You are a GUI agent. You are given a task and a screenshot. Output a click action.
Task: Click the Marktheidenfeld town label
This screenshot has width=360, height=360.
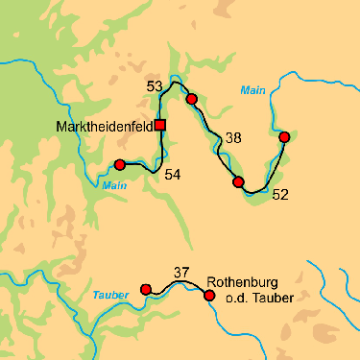[x=105, y=125]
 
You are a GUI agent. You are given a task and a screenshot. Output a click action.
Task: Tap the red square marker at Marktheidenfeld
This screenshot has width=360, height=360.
[x=160, y=125]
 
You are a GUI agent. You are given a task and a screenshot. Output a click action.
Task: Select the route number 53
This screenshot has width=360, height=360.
[x=155, y=87]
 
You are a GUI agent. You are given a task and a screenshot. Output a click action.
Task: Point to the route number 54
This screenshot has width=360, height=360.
[x=172, y=174]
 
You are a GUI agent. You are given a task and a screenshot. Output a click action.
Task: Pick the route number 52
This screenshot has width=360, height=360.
[x=280, y=195]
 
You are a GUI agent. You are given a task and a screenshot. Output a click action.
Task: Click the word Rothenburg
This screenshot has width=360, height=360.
[x=242, y=283]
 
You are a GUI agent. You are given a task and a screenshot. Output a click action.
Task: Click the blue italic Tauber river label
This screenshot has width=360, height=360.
[x=110, y=295]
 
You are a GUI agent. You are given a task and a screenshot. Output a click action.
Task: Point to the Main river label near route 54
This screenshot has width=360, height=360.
[x=114, y=185]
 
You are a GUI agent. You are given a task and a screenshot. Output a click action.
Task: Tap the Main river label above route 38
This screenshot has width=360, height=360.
[x=252, y=90]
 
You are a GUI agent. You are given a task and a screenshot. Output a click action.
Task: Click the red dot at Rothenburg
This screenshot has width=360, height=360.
[x=209, y=295]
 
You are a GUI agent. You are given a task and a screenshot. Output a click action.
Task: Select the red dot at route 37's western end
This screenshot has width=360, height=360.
[x=146, y=289]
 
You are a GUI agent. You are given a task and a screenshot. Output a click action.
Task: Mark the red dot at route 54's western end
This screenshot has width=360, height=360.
[x=120, y=164]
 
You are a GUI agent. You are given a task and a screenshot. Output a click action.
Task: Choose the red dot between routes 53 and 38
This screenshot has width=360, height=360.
[x=191, y=99]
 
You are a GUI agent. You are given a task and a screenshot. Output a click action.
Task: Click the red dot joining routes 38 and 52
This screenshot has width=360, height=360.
[x=238, y=181]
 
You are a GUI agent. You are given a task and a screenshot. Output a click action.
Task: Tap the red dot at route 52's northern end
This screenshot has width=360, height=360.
[x=284, y=136]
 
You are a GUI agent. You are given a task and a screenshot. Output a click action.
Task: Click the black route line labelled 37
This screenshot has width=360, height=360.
[x=178, y=284]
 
